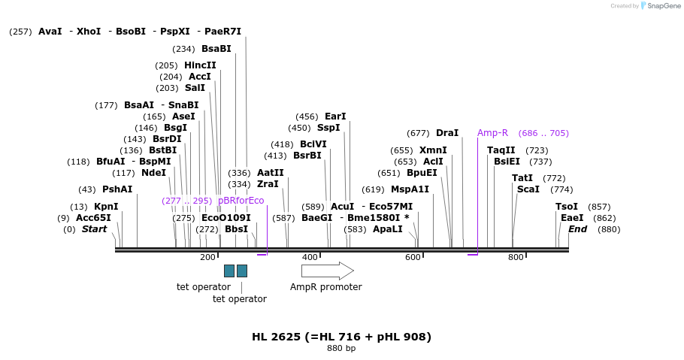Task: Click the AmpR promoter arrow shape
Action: [x=337, y=271]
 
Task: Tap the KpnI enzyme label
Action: [x=105, y=207]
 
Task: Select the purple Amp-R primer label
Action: [x=492, y=133]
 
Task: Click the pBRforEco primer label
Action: [x=241, y=201]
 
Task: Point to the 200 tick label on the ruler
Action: [x=207, y=258]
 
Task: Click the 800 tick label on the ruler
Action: [x=516, y=258]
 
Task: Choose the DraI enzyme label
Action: [x=447, y=133]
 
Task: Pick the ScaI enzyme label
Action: [x=528, y=189]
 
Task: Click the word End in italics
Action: [x=577, y=229]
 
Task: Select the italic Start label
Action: [x=94, y=229]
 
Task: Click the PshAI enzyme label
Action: [x=117, y=189]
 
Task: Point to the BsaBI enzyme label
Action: [x=216, y=49]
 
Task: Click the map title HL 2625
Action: [x=341, y=337]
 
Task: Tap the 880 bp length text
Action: [x=341, y=349]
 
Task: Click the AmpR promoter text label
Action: [x=326, y=287]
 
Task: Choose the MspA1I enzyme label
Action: [x=410, y=189]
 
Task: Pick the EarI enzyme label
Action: [x=335, y=116]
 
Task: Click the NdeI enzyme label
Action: [x=153, y=173]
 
